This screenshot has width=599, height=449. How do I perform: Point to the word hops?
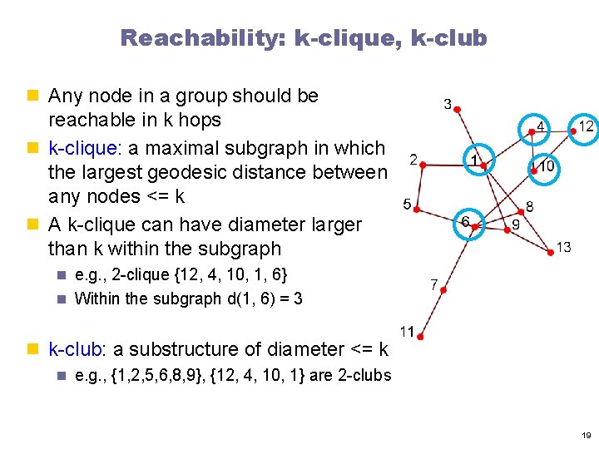(199, 120)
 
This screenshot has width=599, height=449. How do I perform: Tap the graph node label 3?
(448, 105)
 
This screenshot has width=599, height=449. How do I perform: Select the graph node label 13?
(563, 246)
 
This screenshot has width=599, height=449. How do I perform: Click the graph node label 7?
(434, 284)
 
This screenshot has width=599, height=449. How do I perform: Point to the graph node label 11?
(407, 331)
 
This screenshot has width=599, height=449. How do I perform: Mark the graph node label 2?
(413, 159)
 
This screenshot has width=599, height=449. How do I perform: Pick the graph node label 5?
(407, 204)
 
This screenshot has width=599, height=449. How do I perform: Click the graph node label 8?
(530, 205)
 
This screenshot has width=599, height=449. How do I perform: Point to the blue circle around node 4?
(536, 127)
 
